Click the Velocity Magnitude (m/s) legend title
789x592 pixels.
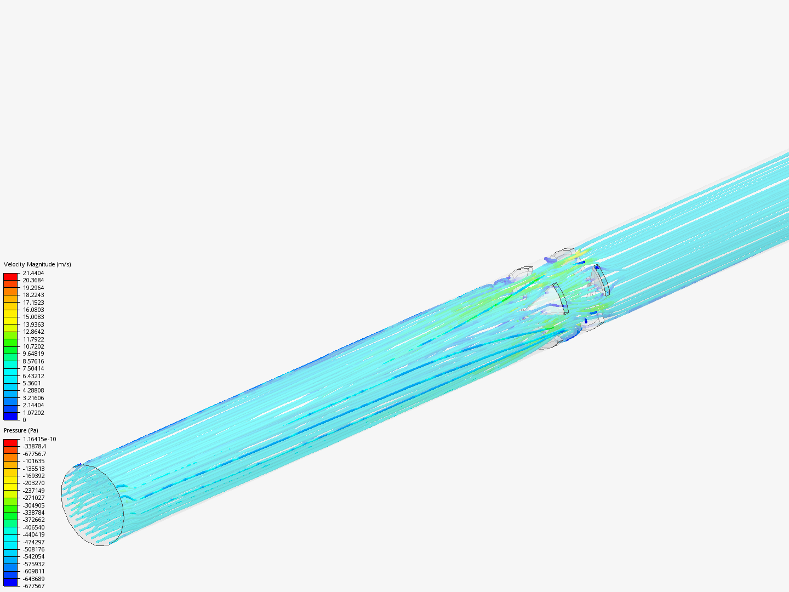tap(37, 264)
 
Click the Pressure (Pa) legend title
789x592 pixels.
tap(21, 430)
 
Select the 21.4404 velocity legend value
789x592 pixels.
tap(33, 273)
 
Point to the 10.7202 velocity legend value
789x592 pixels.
tap(33, 346)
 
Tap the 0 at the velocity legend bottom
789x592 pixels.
tap(25, 420)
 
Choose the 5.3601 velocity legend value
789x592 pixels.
tap(32, 383)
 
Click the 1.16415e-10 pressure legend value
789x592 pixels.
tap(39, 439)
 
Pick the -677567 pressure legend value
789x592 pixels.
tap(34, 586)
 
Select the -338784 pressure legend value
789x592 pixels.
tap(34, 513)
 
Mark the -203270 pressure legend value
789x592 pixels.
tap(34, 483)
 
